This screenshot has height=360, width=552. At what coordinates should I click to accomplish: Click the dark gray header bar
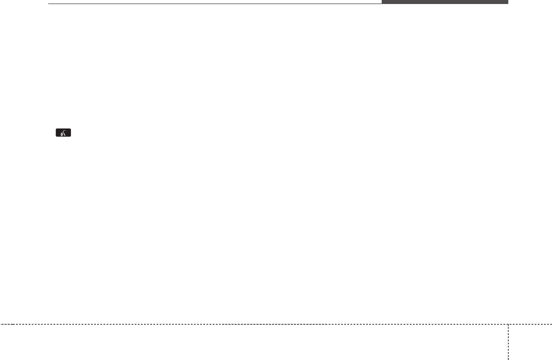[x=445, y=2]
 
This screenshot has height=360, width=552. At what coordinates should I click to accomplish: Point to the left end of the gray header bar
[x=383, y=2]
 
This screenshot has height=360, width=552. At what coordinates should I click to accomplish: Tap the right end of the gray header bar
[x=507, y=2]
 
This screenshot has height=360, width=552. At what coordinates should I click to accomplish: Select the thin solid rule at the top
[x=214, y=4]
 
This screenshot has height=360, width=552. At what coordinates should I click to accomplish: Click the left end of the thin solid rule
[x=49, y=4]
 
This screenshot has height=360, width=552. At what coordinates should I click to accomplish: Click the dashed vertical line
[x=508, y=341]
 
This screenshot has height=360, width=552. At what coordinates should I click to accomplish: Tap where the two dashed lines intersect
[x=508, y=324]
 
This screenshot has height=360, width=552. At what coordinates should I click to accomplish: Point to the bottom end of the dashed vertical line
[x=508, y=359]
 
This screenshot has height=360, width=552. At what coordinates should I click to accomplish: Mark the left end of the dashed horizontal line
[x=1, y=324]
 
